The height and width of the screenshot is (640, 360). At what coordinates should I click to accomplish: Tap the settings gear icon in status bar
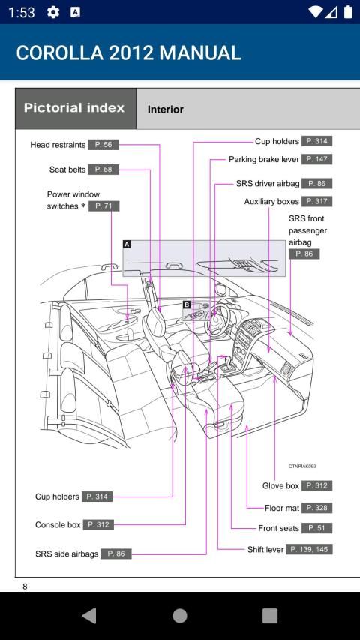pos(53,12)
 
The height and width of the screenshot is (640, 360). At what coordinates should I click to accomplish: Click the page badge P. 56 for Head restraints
pos(103,145)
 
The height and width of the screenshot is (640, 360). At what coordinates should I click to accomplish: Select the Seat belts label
pos(67,170)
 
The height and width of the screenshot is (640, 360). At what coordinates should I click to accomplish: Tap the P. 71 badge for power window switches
pos(103,206)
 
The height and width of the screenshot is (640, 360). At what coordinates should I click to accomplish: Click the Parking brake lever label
pos(264,159)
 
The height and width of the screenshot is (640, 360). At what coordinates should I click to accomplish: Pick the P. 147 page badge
pos(316,159)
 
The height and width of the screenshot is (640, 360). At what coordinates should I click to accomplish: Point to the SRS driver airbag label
pos(268,184)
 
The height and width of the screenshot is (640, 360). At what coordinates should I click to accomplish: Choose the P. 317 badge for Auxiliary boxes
pos(316,201)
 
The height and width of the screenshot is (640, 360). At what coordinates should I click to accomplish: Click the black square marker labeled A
pos(127,244)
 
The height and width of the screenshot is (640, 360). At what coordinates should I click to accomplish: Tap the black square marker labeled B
pos(187,305)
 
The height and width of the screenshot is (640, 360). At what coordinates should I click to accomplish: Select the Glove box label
pos(280,486)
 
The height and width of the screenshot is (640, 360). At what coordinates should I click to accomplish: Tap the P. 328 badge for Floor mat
pos(316,508)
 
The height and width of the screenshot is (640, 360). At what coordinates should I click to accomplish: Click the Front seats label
pos(278,528)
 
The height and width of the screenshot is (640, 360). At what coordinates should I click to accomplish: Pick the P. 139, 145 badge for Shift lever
pos(310,549)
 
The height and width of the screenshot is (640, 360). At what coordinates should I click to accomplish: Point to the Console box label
pos(58,525)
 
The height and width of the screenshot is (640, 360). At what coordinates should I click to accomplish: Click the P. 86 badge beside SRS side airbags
pos(115,554)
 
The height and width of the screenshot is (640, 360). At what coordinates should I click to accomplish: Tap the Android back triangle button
pos(89,616)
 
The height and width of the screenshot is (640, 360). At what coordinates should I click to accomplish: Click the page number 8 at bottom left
pos(25,587)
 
